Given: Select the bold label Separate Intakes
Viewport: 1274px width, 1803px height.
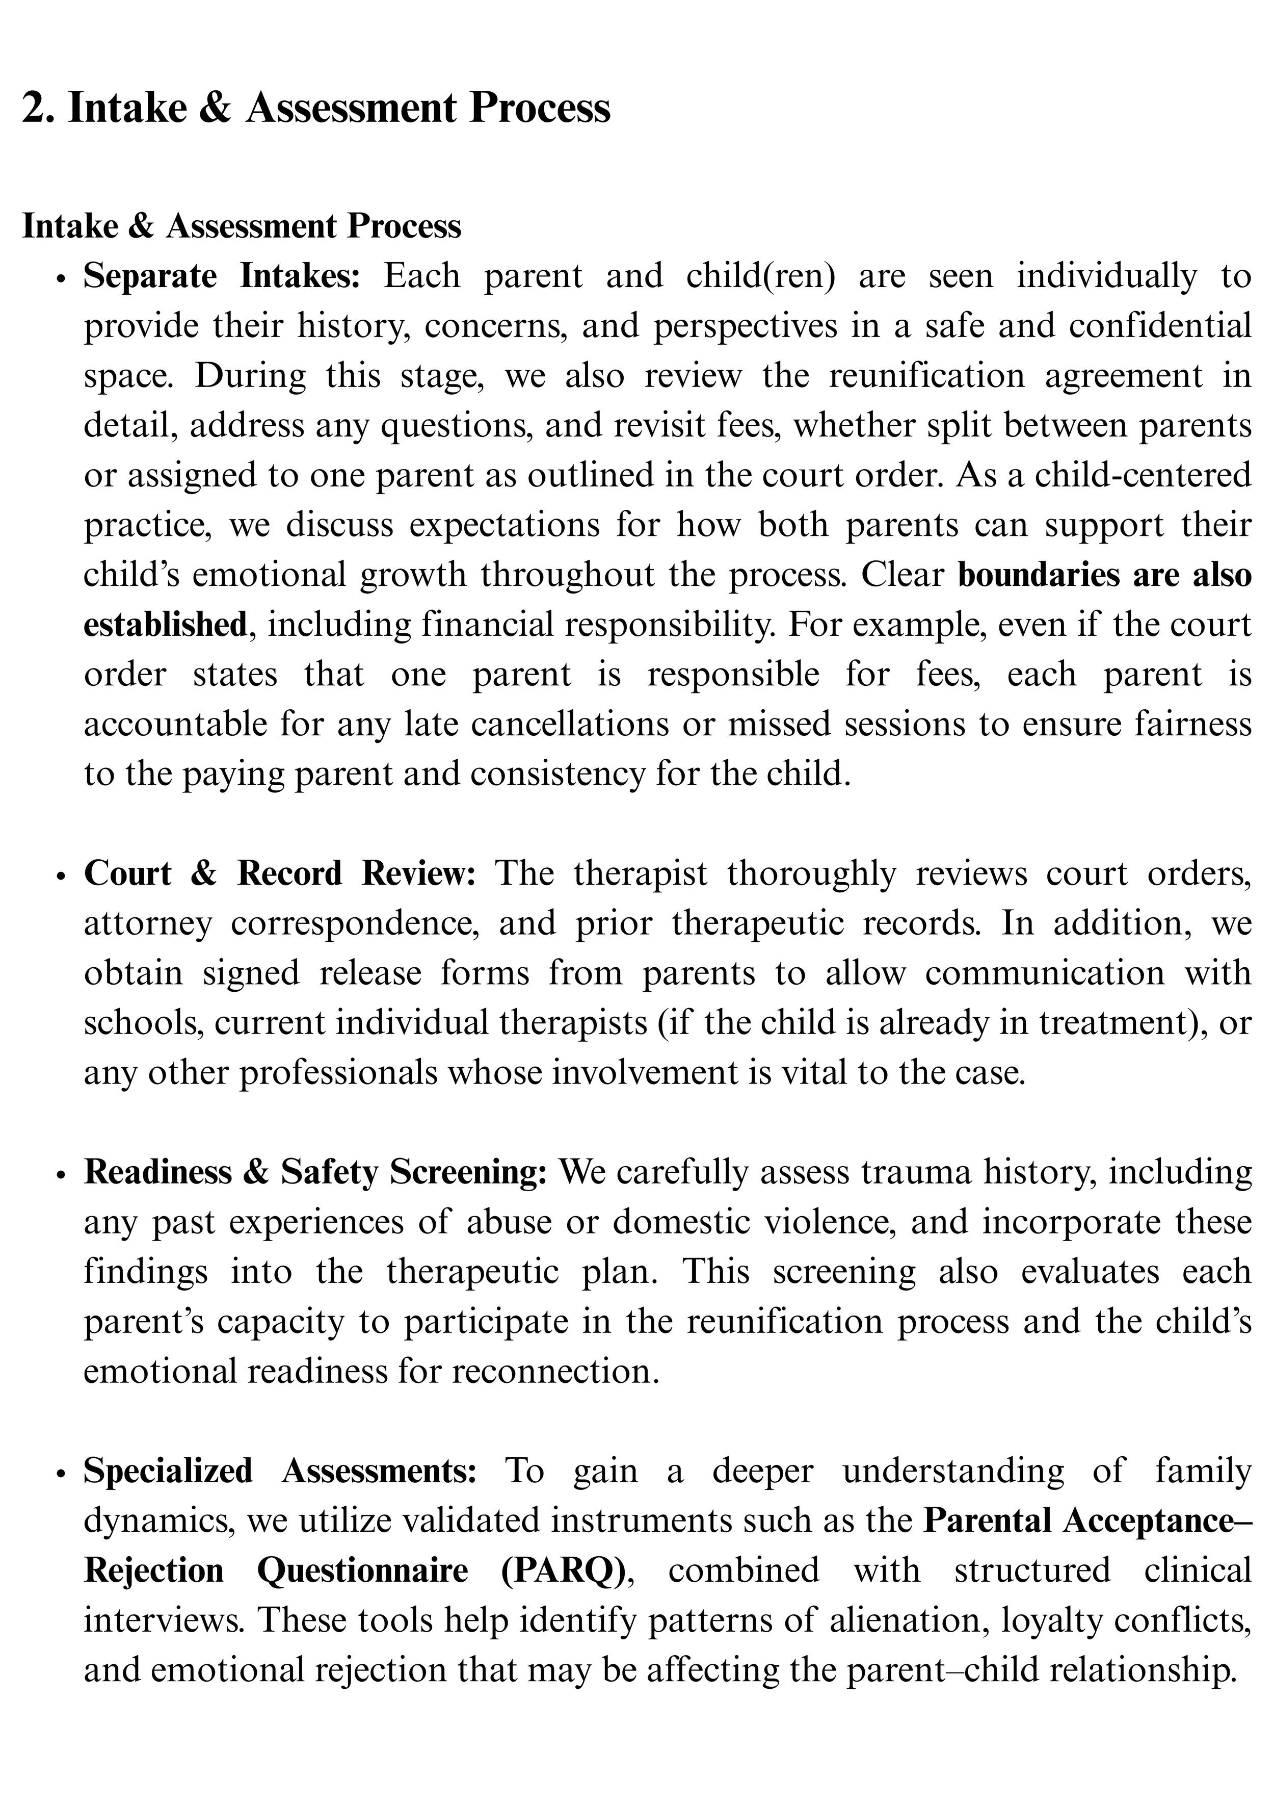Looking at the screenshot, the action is (221, 276).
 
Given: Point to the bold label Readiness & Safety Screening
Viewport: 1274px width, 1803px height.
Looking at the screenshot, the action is (315, 1172).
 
